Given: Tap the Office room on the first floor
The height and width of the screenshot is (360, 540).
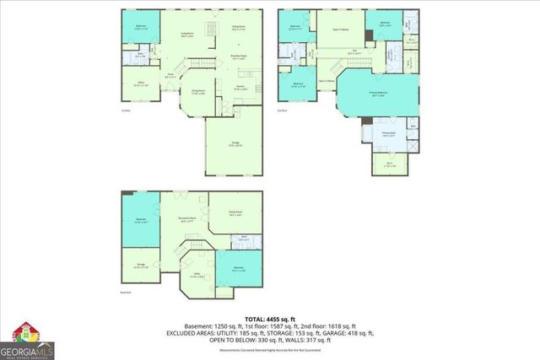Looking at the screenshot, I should coord(141,84).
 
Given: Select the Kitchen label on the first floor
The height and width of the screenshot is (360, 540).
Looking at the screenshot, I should coord(240,87).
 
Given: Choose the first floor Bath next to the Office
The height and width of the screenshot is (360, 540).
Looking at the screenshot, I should coord(140,57).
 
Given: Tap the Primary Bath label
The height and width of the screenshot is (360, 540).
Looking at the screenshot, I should coord(389,134).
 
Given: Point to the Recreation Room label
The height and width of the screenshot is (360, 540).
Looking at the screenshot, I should coord(187,221).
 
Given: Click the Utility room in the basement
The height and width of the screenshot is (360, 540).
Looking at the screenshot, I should coord(196,276).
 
